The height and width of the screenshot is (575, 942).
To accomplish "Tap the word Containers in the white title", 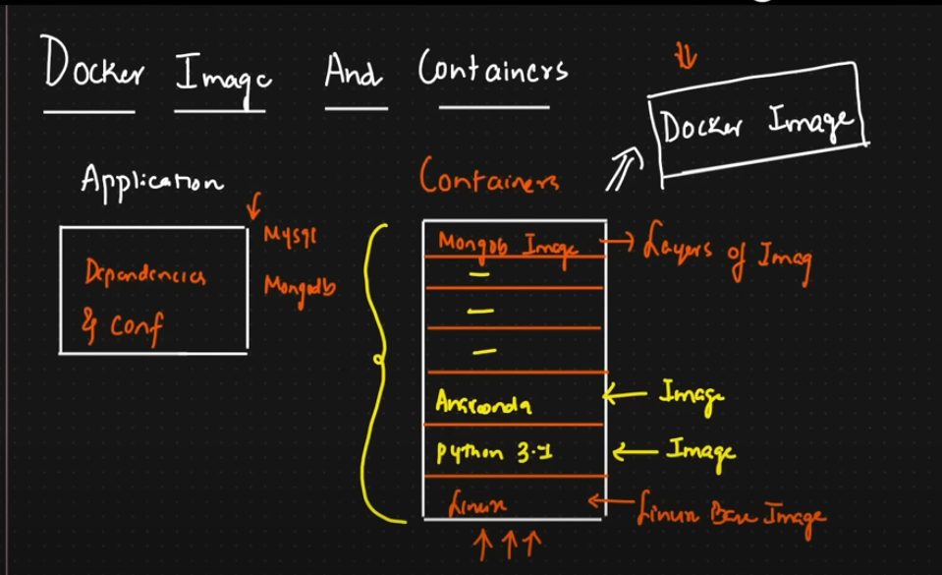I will [492, 70].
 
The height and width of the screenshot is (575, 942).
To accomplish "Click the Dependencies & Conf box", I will [153, 290].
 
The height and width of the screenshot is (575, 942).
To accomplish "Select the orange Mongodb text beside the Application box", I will [300, 286].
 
